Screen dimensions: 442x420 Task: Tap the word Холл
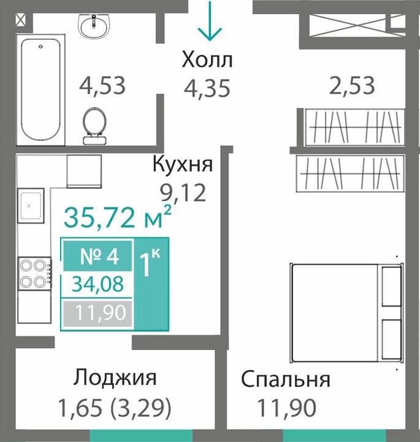pos(207,61)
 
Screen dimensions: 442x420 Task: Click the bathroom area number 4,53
pos(102,85)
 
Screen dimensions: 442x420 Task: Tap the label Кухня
pos(182,165)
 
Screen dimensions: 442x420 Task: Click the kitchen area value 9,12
pos(183,193)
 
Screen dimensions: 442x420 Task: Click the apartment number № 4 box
pos(98,256)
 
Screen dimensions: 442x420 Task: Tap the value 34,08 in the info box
pos(98,284)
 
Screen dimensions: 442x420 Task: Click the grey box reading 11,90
pos(98,313)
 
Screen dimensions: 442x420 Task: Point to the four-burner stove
pos(34,273)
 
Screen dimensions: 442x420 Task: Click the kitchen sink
pos(30,205)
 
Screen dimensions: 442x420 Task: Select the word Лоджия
pos(115,378)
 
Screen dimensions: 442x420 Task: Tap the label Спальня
pos(285,379)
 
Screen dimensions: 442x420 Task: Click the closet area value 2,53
pos(351,85)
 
